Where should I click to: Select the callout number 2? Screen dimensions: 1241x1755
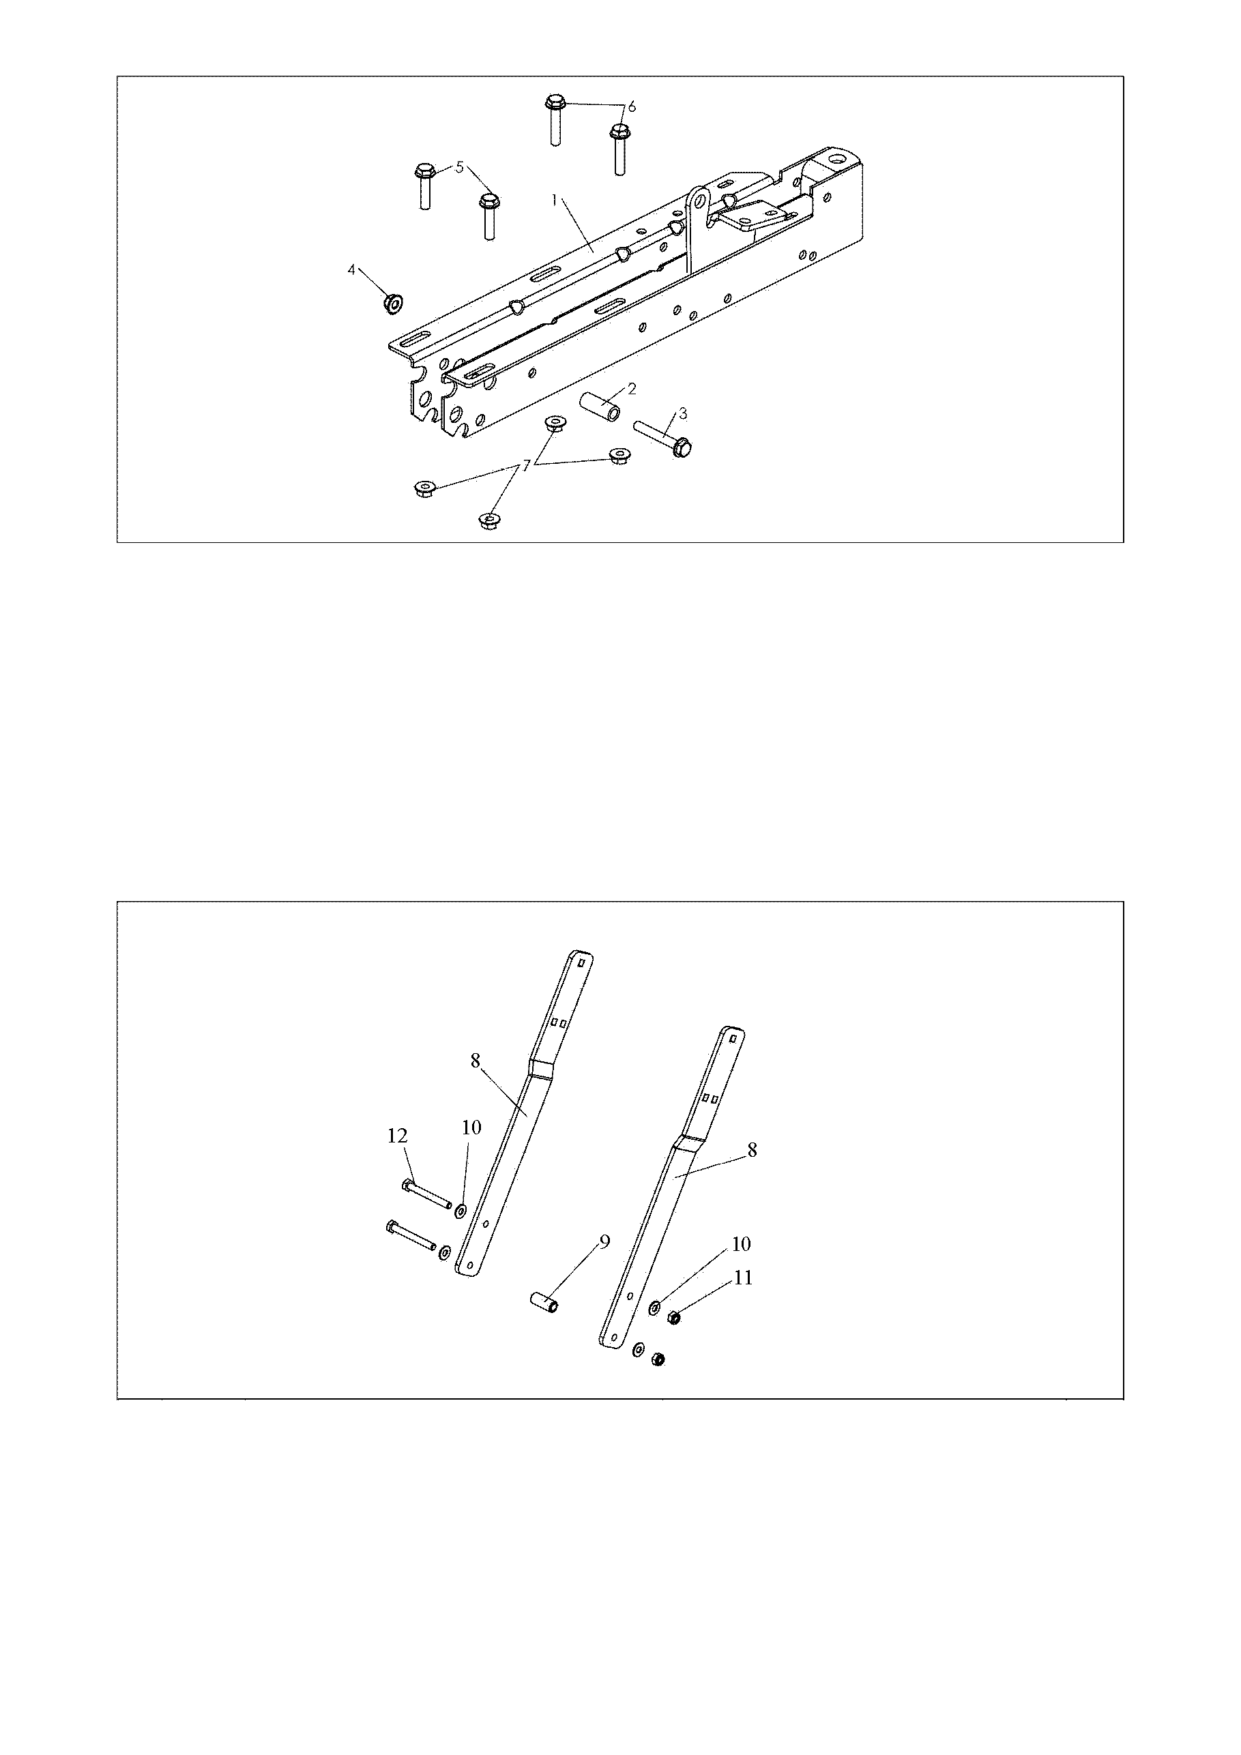tap(632, 388)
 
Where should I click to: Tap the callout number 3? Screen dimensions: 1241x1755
tap(683, 413)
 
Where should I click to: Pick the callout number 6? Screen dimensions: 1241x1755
tap(632, 106)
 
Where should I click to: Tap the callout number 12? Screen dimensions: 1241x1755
tap(398, 1136)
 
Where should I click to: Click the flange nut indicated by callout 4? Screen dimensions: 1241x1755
tap(393, 304)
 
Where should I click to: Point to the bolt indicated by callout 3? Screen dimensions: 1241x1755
tap(664, 437)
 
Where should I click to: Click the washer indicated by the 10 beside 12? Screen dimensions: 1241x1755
tap(461, 1212)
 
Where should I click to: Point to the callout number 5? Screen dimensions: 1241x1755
tap(460, 167)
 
